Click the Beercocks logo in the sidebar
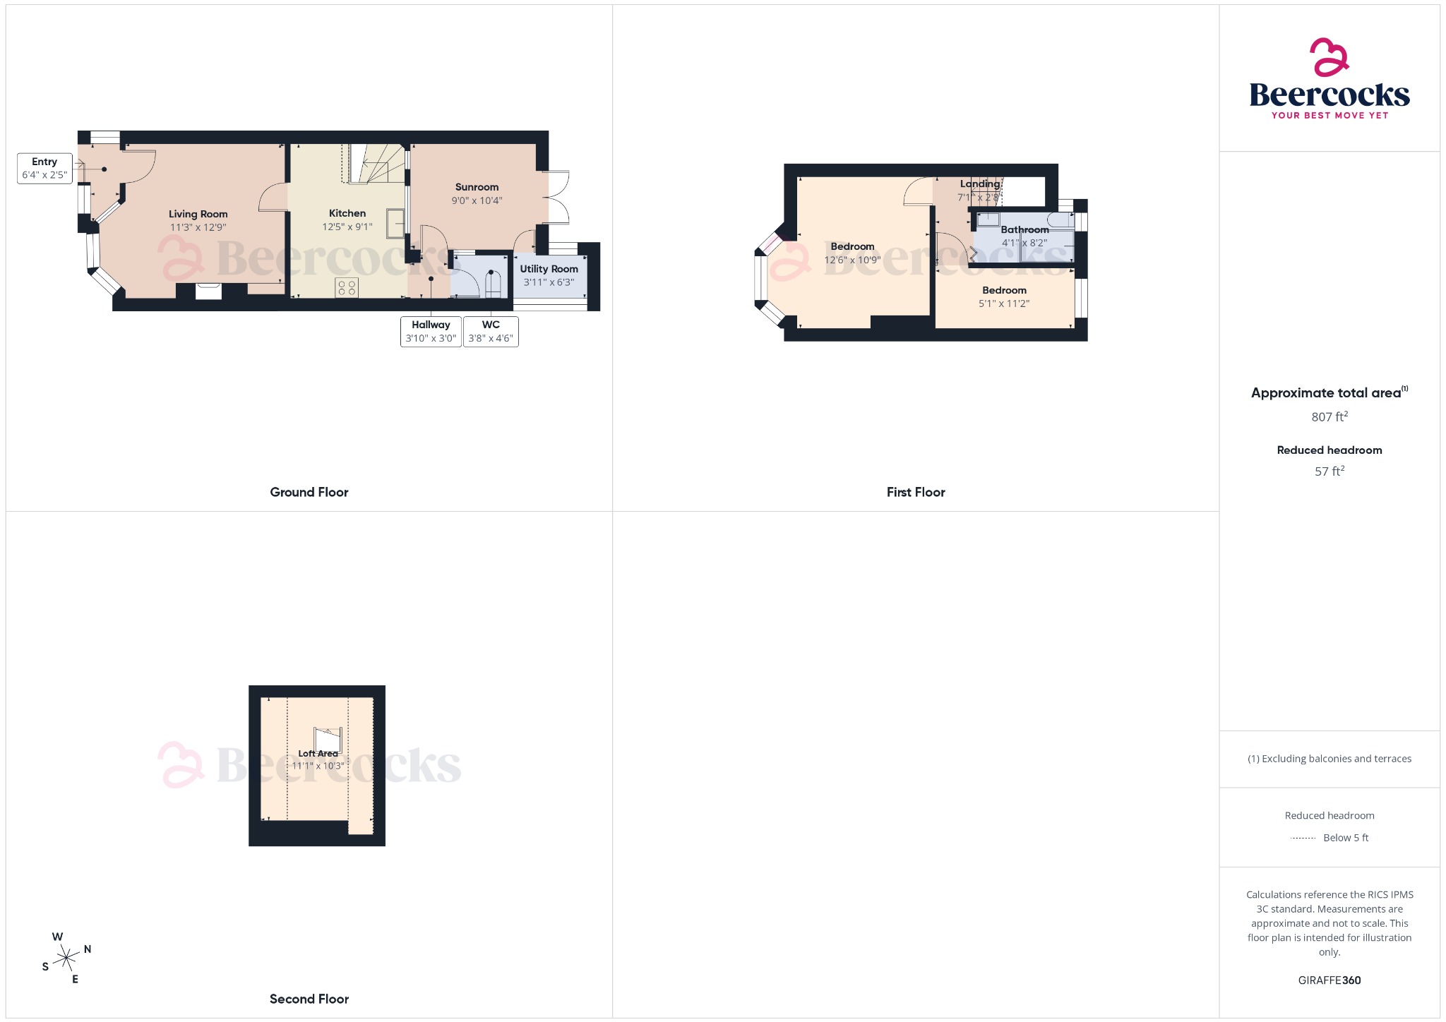(1330, 79)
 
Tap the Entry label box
(44, 169)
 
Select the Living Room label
(198, 214)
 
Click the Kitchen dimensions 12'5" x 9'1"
(347, 227)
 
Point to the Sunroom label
(477, 187)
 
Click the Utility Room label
(549, 269)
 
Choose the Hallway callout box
(431, 331)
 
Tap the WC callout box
(491, 331)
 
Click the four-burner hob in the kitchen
(347, 287)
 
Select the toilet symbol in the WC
(492, 284)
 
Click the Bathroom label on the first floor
(1024, 229)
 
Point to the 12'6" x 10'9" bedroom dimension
(852, 260)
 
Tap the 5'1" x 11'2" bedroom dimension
(1004, 303)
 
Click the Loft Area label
(318, 753)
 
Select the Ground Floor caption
(309, 492)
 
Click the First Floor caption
(916, 492)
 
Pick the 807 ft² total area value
(1330, 416)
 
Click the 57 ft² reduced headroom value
(1330, 471)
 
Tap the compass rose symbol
(67, 958)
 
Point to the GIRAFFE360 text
(1330, 980)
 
